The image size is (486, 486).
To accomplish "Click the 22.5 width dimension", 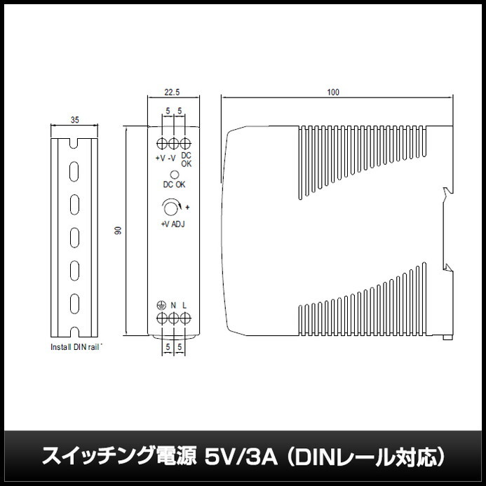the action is pos(173,91).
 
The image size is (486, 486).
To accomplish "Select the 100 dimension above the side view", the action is pos(332,92).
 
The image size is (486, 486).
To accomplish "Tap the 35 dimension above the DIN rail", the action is pos(74,121).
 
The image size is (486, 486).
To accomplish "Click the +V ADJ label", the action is pos(173,224).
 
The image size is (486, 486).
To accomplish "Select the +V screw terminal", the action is pos(161,144).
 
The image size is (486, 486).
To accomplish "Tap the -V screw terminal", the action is pos(173,144).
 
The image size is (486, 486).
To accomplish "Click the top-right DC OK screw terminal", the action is pos(185,144).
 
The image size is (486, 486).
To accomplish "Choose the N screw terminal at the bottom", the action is pos(173,319).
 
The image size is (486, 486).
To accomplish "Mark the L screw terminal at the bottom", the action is pos(185,319).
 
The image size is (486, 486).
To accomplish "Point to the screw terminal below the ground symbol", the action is pos(161,319).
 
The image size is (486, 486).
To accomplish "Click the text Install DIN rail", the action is pos(76,346).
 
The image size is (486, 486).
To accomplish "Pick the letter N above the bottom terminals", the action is pos(173,306).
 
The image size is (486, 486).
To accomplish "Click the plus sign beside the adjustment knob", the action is pos(188,208).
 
